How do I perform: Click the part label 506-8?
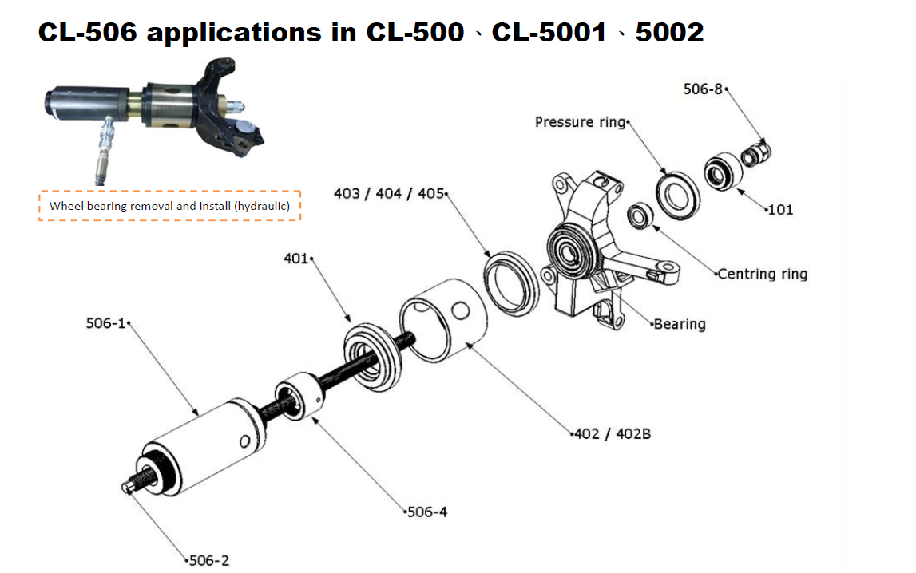coord(703,89)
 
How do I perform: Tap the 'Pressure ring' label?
coord(580,122)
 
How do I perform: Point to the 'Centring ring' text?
coord(762,274)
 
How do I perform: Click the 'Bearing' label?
coord(680,324)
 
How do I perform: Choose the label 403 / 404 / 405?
coord(388,194)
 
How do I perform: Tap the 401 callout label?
coord(295,259)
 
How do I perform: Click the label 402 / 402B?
coord(613,434)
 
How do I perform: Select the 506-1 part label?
coord(105,323)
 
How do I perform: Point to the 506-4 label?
coord(427,512)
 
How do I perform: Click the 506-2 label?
coord(209,561)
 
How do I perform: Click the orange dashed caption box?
coord(170,206)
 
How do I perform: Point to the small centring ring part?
coord(640,216)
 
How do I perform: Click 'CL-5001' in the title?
coord(552,32)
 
